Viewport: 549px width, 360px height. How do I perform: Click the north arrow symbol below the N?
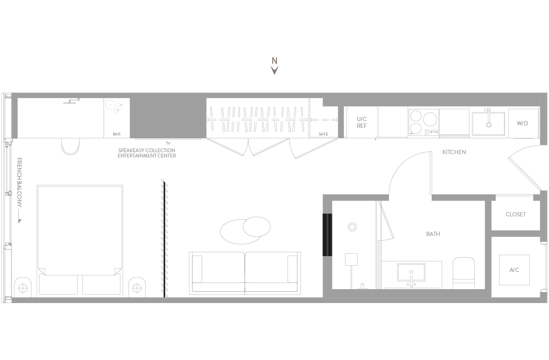pos(274,71)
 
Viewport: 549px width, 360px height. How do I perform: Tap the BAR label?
pos(116,134)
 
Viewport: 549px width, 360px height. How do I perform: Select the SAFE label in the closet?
pos(323,134)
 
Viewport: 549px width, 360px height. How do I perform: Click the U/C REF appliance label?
pos(362,123)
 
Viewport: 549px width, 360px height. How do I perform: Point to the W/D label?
pos(522,123)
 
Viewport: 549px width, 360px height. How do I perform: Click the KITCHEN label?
pos(454,152)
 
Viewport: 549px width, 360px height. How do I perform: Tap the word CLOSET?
pos(515,214)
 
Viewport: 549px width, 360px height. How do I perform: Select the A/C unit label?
pos(515,270)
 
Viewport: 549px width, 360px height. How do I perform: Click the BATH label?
pos(433,234)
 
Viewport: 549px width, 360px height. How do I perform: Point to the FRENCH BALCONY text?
pos(20,182)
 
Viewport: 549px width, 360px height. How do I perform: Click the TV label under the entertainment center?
pos(168,143)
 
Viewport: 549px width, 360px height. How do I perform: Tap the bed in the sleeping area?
pos(80,241)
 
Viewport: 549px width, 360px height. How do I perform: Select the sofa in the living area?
pos(245,273)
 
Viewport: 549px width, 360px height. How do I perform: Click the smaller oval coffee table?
pos(257,226)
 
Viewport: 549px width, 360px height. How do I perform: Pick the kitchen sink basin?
pos(489,124)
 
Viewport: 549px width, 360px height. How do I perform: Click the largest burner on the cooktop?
pos(430,119)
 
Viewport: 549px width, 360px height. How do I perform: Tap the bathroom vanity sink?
pos(412,272)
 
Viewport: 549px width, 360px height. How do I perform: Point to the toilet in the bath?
pos(464,273)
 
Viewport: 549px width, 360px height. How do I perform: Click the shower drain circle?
pos(352,227)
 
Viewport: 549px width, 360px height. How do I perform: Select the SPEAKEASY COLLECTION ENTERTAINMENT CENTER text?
pos(147,153)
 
